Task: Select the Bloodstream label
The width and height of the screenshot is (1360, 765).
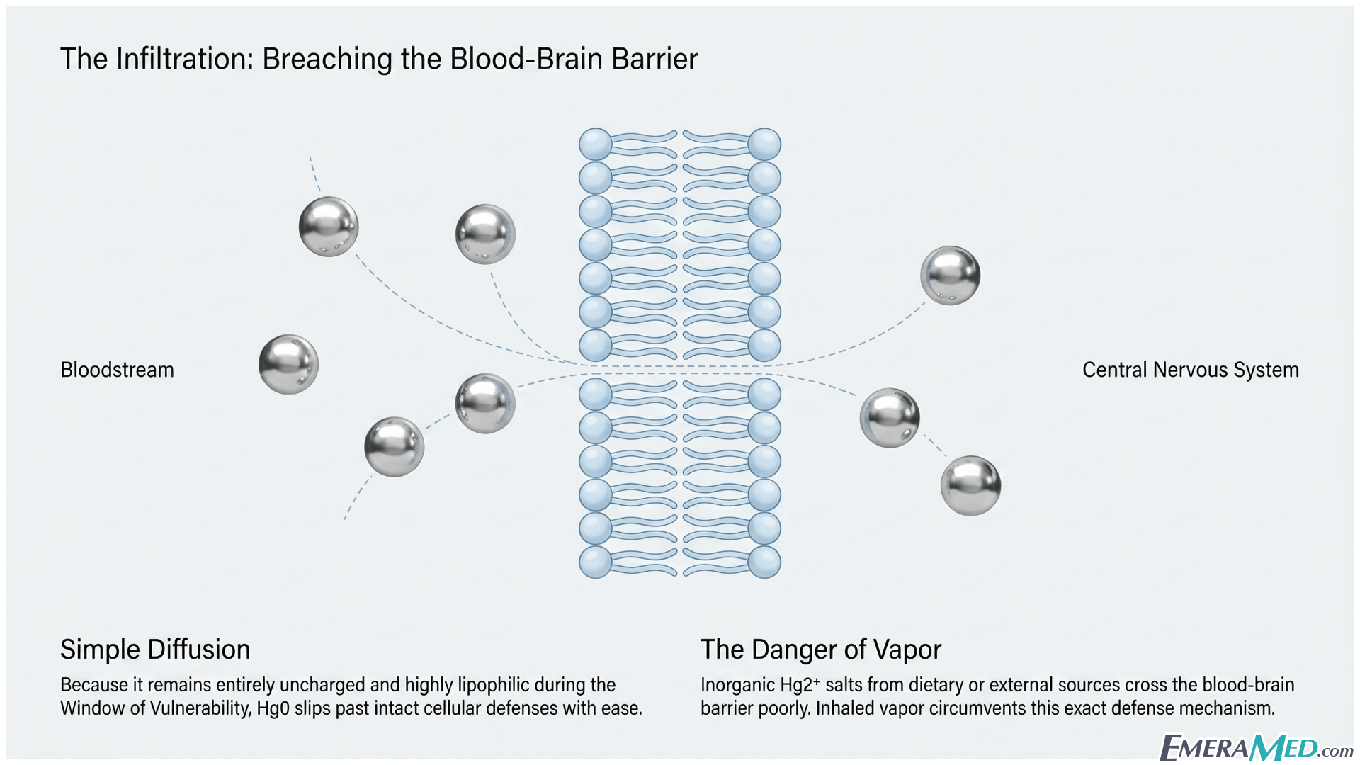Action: coord(117,370)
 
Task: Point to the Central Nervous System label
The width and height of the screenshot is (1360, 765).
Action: coord(1191,370)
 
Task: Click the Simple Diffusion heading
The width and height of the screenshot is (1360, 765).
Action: coord(155,650)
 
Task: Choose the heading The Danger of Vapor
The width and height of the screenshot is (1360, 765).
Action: coord(821,650)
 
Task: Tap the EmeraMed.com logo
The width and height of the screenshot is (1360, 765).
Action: coord(1255,747)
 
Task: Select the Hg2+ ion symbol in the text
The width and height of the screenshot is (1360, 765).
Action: coord(800,685)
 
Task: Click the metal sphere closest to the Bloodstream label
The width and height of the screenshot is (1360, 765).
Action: coord(288,365)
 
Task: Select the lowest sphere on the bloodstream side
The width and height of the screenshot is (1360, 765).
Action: coord(395,447)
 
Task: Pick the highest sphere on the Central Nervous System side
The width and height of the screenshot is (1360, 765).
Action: coord(951,276)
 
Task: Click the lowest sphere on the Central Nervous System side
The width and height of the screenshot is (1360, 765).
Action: coord(970,486)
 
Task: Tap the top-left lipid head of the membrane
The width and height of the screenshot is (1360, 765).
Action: coord(596,144)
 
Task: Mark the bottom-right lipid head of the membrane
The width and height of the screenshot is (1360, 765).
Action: coord(764,562)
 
